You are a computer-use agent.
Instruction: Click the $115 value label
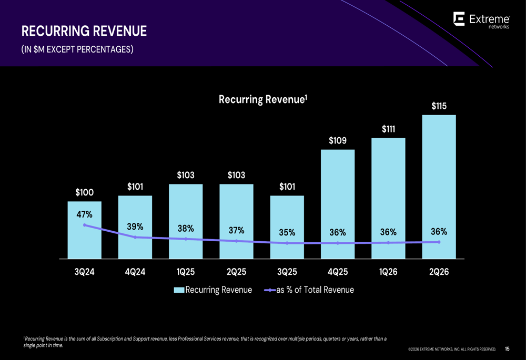439,106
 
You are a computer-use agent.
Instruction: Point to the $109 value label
338,140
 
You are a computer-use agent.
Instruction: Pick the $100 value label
84,192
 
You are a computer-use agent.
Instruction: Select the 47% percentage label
84,214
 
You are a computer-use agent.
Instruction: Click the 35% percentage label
287,232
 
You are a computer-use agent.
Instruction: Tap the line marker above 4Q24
135,238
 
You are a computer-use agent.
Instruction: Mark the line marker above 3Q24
85,225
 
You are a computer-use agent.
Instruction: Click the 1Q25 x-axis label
186,272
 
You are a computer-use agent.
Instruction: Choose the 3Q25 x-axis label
287,272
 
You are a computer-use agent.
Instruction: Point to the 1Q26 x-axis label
388,272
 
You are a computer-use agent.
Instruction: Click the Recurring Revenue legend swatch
179,290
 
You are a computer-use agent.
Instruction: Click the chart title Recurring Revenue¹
262,99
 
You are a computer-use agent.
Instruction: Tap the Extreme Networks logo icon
459,20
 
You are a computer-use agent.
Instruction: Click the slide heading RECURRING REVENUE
84,32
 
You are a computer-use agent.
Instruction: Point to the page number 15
507,348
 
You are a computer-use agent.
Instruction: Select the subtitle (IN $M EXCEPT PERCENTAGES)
77,50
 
